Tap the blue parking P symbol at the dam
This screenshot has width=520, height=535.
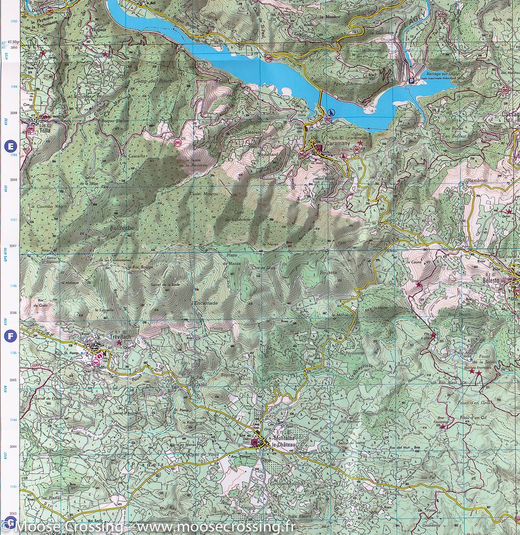[412, 81]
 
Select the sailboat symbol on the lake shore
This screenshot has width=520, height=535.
[330, 112]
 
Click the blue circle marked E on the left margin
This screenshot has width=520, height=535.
[9, 145]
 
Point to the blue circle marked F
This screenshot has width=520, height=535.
[9, 336]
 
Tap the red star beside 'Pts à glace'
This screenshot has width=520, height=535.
[433, 335]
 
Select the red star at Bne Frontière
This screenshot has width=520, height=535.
[442, 427]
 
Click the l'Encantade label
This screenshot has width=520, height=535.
[205, 303]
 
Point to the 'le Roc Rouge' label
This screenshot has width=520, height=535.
[141, 267]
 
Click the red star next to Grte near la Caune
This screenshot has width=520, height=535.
[418, 284]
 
